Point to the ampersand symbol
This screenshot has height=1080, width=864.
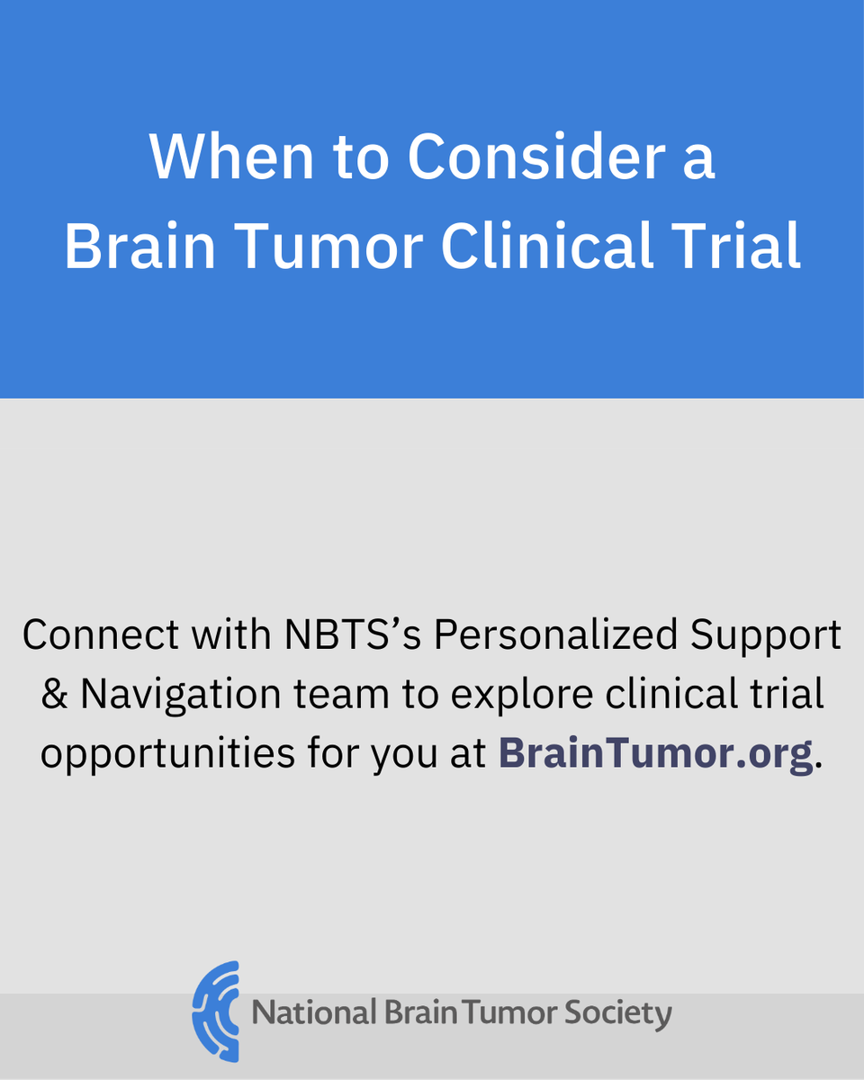[x=55, y=695]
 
